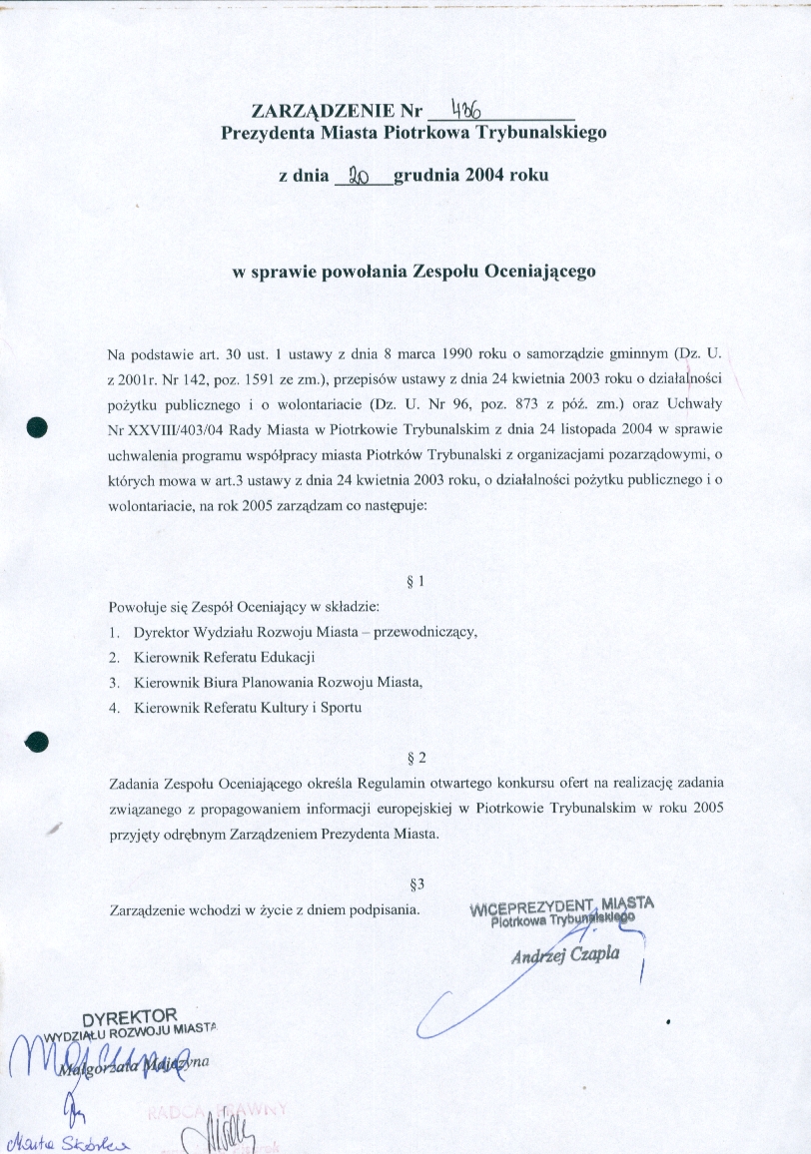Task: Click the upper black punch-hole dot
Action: (39, 424)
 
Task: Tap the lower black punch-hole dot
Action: (37, 741)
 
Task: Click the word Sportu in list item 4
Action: (341, 708)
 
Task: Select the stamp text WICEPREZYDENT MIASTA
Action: (561, 905)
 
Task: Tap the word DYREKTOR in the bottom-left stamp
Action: (129, 1019)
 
